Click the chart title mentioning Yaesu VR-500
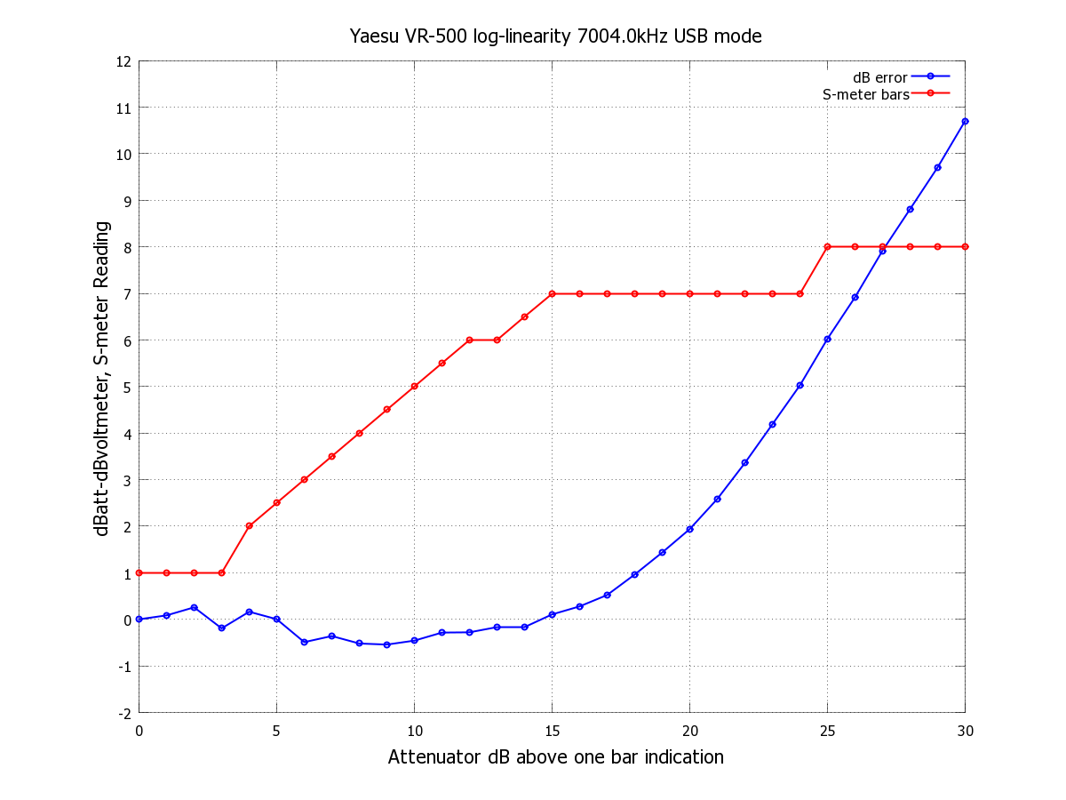[x=555, y=36]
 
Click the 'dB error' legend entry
[x=879, y=77]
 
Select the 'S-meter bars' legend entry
[x=865, y=93]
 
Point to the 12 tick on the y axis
[x=124, y=61]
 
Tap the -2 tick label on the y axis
[x=124, y=713]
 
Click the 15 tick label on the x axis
[x=552, y=731]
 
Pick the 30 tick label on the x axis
[x=965, y=731]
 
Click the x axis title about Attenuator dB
[x=555, y=757]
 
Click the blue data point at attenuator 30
[x=965, y=121]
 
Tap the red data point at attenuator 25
[x=827, y=247]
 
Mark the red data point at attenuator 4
[x=249, y=526]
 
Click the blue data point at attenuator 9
[x=386, y=644]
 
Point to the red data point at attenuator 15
[x=552, y=293]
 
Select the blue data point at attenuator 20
[x=689, y=529]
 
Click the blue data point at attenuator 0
[x=139, y=620]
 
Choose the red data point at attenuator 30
[x=965, y=247]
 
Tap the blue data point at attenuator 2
[x=194, y=608]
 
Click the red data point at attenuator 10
[x=414, y=387]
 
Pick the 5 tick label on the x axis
[x=276, y=731]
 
